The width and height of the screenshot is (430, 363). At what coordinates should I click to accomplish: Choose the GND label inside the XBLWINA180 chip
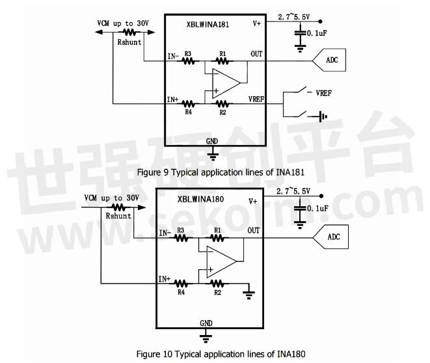(x=206, y=323)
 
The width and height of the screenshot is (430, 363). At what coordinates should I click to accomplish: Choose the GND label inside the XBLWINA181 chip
(x=211, y=141)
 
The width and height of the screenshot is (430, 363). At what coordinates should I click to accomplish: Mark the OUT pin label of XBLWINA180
(x=253, y=230)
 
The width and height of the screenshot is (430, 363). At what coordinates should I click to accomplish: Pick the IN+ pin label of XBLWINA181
(x=172, y=99)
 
